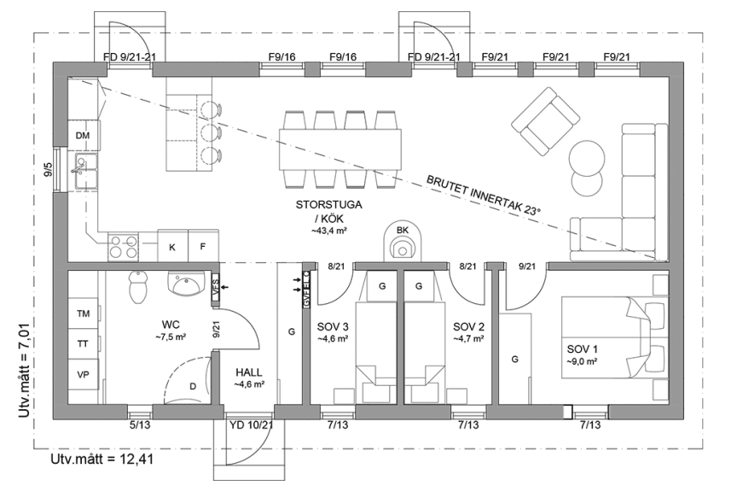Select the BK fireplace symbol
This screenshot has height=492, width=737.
[x=403, y=242]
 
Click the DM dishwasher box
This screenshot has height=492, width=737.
[x=83, y=137]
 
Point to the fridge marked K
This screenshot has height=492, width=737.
[x=172, y=247]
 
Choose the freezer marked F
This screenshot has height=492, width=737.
[x=202, y=247]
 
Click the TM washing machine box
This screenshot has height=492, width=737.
[x=84, y=313]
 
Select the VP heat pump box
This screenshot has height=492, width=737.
[x=84, y=375]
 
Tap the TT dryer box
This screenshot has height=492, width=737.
[x=84, y=344]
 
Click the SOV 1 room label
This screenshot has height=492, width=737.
[x=584, y=354]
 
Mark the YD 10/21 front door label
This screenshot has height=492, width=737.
[x=251, y=425]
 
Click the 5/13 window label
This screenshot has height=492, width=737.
[x=141, y=425]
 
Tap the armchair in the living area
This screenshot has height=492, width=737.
[x=543, y=119]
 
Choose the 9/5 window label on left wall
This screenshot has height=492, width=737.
[x=49, y=167]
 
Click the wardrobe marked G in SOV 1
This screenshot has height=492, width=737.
[x=514, y=359]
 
